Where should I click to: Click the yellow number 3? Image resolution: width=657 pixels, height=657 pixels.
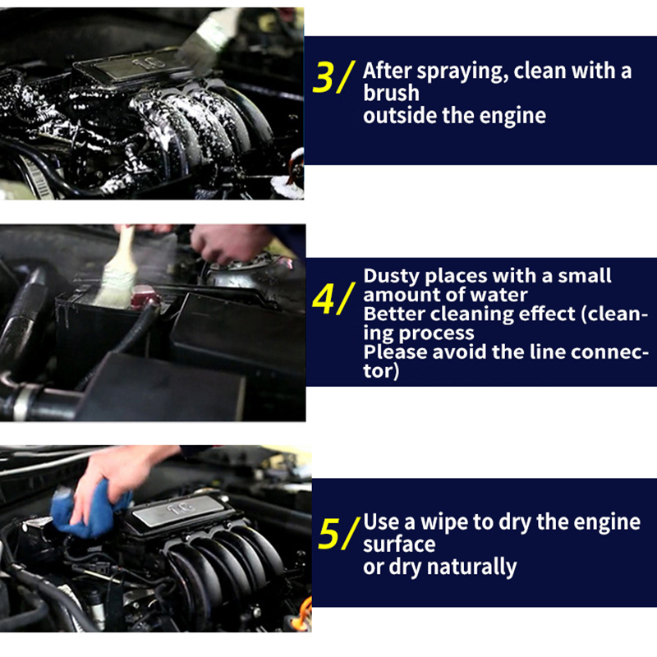coord(323,77)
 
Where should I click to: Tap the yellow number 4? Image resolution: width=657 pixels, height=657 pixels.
coord(323,299)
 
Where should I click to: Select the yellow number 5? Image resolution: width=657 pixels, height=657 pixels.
coord(329,533)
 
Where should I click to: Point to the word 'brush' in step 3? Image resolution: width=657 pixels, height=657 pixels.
coord(391,93)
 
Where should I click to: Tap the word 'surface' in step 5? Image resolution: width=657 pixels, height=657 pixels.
coord(399,544)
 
